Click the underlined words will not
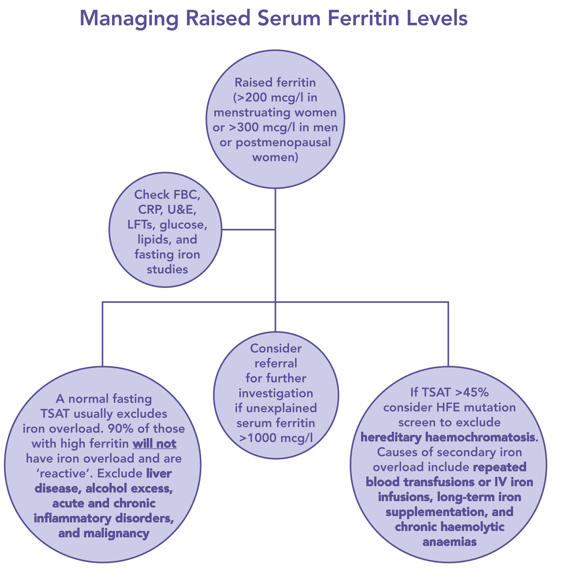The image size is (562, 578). point(154,444)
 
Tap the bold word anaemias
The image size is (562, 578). point(449,541)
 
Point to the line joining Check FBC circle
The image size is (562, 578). point(248,229)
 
